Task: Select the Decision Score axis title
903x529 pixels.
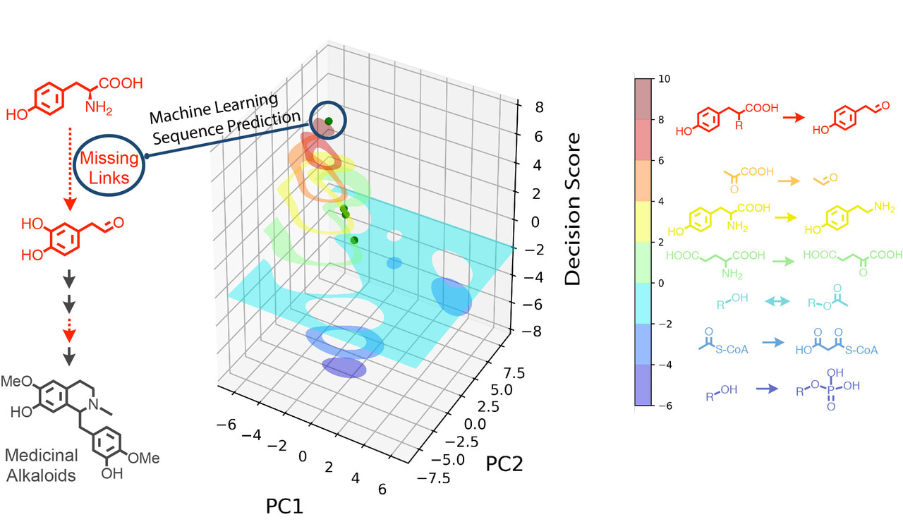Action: coord(574,208)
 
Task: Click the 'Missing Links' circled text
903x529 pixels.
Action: coord(109,167)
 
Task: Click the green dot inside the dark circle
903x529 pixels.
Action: coord(329,121)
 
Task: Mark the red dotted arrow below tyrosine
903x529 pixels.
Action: coord(68,166)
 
